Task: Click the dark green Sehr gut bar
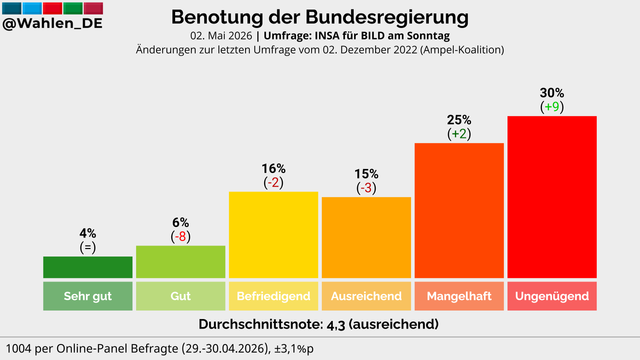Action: (88, 267)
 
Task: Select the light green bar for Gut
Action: (180, 262)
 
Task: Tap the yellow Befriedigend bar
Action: (273, 235)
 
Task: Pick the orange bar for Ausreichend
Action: (366, 238)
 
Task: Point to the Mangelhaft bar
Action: (459, 211)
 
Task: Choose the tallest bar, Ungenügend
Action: (552, 197)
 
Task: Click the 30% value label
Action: (552, 93)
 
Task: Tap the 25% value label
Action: (459, 120)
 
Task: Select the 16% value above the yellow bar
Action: (273, 169)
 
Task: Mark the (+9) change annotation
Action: (552, 107)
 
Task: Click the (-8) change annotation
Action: (180, 236)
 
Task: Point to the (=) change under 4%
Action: (88, 247)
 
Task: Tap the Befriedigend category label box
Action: (273, 296)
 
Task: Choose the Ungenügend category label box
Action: (552, 296)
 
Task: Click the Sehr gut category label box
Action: (88, 296)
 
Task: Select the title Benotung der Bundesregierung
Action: (320, 18)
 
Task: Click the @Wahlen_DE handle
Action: (52, 23)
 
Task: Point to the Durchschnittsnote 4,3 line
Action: (319, 324)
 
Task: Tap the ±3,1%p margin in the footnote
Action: (293, 349)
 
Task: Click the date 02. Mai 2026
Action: (221, 36)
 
